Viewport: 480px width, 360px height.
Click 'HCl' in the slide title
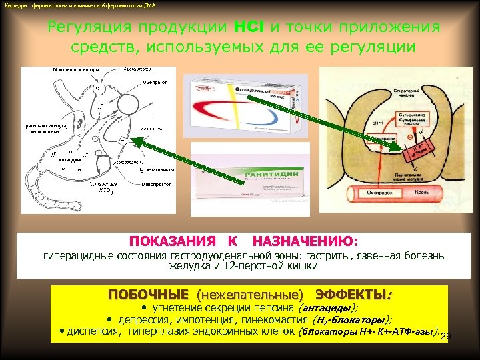click(x=249, y=27)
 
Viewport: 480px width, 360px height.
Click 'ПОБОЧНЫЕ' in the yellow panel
click(x=147, y=294)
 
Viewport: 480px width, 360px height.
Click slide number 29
click(x=446, y=335)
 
